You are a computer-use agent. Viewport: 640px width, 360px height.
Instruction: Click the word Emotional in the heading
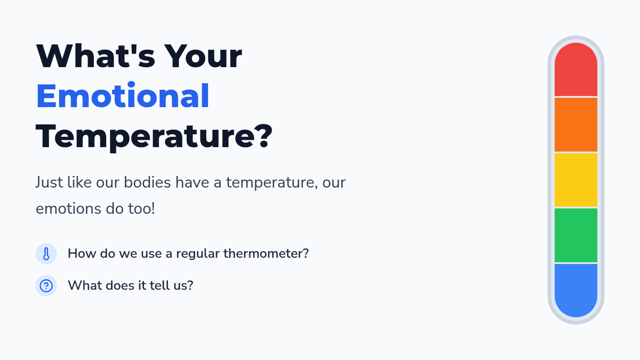(123, 95)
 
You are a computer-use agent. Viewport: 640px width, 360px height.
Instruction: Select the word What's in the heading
(95, 55)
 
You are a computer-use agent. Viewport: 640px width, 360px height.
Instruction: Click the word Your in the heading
(203, 55)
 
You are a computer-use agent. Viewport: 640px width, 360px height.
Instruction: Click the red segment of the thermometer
(575, 69)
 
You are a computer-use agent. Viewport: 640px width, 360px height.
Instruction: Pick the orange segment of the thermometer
(575, 125)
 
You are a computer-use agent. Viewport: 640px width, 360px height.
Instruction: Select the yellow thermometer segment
(575, 180)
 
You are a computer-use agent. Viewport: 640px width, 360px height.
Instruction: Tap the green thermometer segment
(575, 235)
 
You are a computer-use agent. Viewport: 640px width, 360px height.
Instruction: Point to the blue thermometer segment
(575, 291)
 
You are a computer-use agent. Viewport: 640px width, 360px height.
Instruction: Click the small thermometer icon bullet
(46, 254)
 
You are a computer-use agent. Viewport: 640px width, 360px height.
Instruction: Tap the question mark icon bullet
(46, 286)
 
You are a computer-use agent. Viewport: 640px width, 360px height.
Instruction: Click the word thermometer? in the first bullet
(266, 253)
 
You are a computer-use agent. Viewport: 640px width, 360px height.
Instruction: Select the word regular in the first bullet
(197, 254)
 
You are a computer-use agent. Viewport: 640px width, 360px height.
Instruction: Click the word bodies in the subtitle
(147, 182)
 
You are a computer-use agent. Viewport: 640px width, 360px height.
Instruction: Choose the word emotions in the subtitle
(69, 209)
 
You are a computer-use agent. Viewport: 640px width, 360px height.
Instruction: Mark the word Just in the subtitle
(49, 182)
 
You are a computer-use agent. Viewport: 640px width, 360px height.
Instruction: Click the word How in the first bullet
(82, 253)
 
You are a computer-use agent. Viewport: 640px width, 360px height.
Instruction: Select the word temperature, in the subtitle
(272, 183)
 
